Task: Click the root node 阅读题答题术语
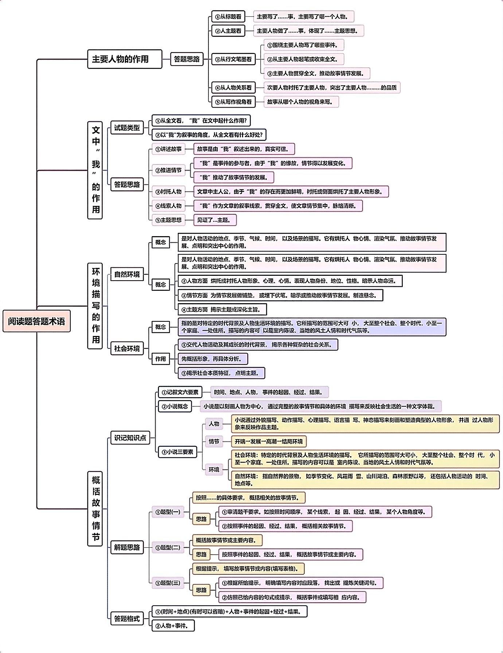pos(36,321)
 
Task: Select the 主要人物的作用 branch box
pos(124,59)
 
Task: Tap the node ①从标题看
pos(228,16)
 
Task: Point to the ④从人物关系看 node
pos(233,87)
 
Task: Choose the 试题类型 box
pos(127,128)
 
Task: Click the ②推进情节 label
pos(169,170)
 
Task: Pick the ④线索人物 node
pos(169,206)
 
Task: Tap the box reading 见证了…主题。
pos(215,220)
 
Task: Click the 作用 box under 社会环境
pos(160,359)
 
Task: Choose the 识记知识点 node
pos(130,438)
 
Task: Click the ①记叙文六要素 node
pos(180,392)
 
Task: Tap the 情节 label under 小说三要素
pos(214,441)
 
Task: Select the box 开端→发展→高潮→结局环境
pos(269,441)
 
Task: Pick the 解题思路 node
pos(127,547)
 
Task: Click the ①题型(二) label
pos(168,547)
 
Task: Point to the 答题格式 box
pos(127,618)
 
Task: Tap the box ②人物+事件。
pos(173,625)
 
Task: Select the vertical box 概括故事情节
pos(95,508)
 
